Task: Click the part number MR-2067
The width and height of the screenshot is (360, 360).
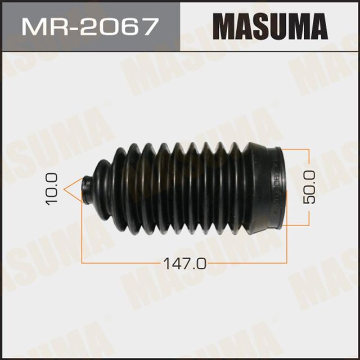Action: (x=89, y=27)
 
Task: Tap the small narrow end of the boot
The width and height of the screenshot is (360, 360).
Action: (x=88, y=188)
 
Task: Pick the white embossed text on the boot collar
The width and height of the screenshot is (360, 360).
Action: (x=275, y=186)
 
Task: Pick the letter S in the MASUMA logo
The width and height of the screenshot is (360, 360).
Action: (x=258, y=27)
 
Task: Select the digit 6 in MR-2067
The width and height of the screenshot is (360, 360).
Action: (x=128, y=27)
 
